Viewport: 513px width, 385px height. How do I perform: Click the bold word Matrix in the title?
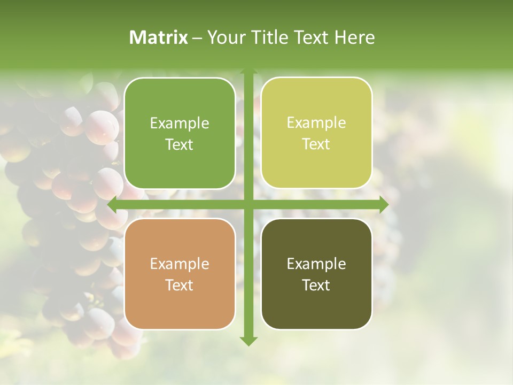(159, 37)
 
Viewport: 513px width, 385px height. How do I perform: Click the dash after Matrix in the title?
(198, 38)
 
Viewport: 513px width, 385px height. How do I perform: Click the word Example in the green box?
(180, 124)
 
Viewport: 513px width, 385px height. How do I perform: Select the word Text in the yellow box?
(316, 144)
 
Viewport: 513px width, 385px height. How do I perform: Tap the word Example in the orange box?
(180, 264)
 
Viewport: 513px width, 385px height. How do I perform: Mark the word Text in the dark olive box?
(316, 286)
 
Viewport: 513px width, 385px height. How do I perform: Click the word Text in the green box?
(180, 145)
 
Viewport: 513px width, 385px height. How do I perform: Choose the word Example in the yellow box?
(316, 123)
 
